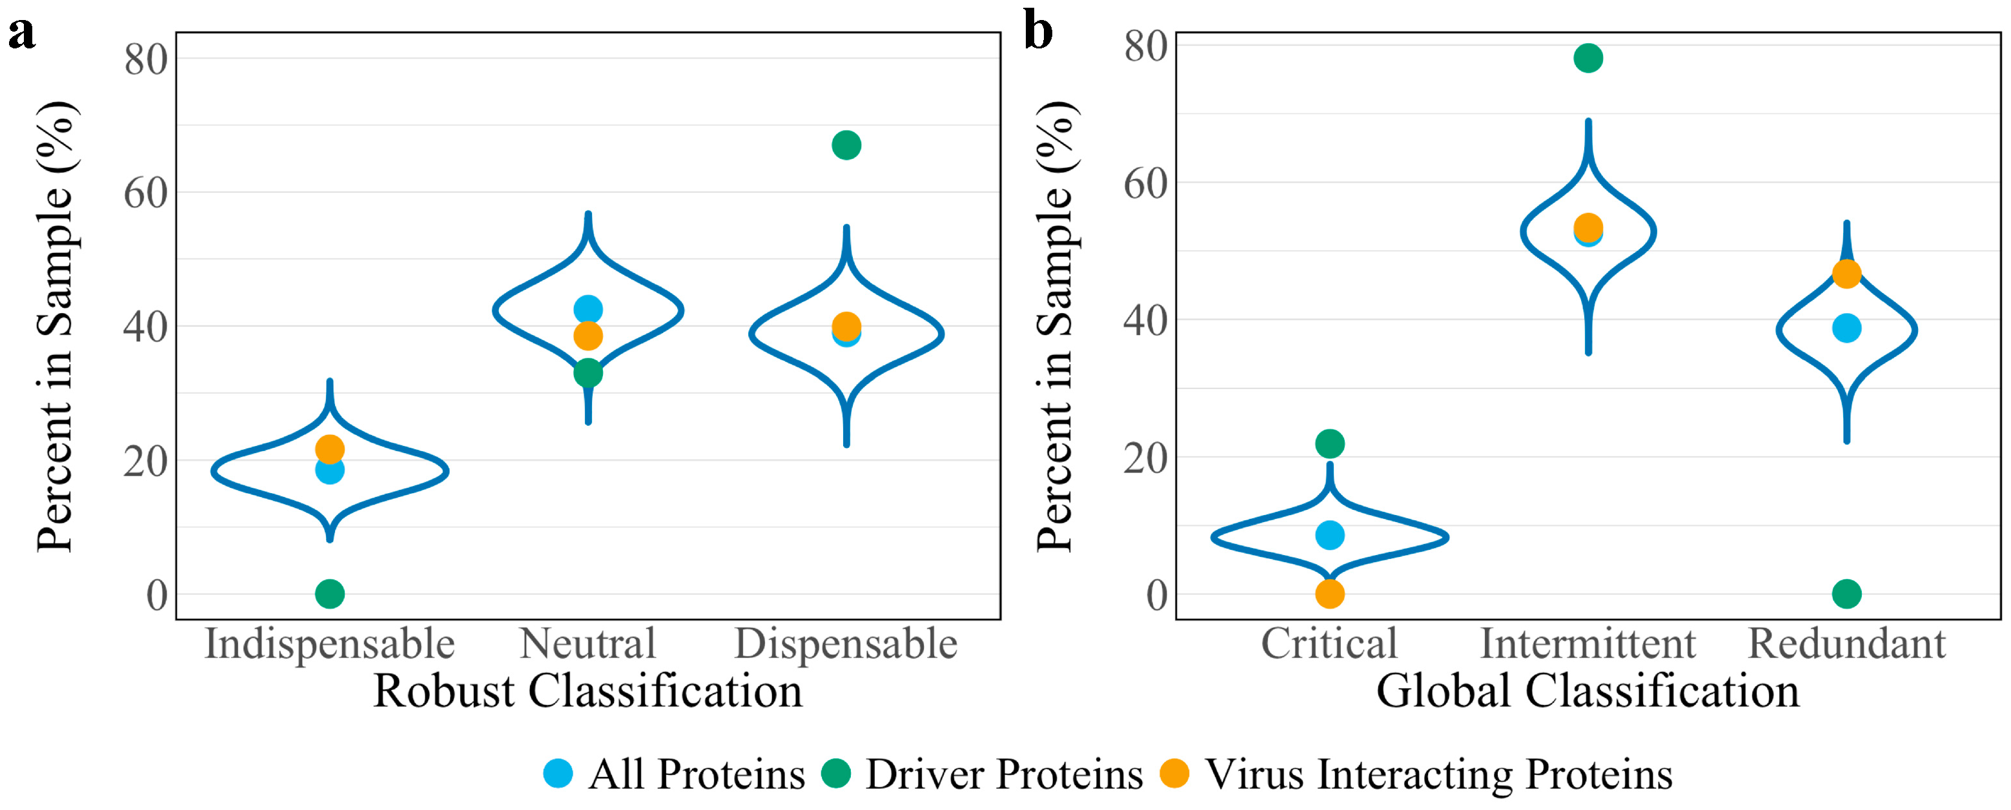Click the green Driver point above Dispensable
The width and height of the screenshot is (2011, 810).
click(846, 145)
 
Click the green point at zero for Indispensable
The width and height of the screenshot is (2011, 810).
click(329, 594)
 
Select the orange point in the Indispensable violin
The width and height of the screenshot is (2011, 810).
click(329, 449)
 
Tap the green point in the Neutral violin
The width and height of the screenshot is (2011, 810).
click(588, 373)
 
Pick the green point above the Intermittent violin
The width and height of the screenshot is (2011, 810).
click(1588, 57)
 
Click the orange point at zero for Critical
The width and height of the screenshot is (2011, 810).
click(1329, 594)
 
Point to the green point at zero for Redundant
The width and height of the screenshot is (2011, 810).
click(1846, 594)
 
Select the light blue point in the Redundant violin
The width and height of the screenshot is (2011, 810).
click(1846, 328)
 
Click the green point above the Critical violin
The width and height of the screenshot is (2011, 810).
click(1329, 444)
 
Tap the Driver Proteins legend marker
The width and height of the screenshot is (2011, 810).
click(836, 773)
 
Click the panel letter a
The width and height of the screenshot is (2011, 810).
click(22, 33)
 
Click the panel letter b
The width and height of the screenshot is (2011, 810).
click(1038, 31)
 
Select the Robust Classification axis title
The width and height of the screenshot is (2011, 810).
click(588, 691)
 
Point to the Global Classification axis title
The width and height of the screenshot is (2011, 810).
click(1588, 691)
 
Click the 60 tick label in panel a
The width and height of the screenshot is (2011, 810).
click(145, 193)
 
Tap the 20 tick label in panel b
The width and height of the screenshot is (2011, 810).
click(1145, 458)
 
